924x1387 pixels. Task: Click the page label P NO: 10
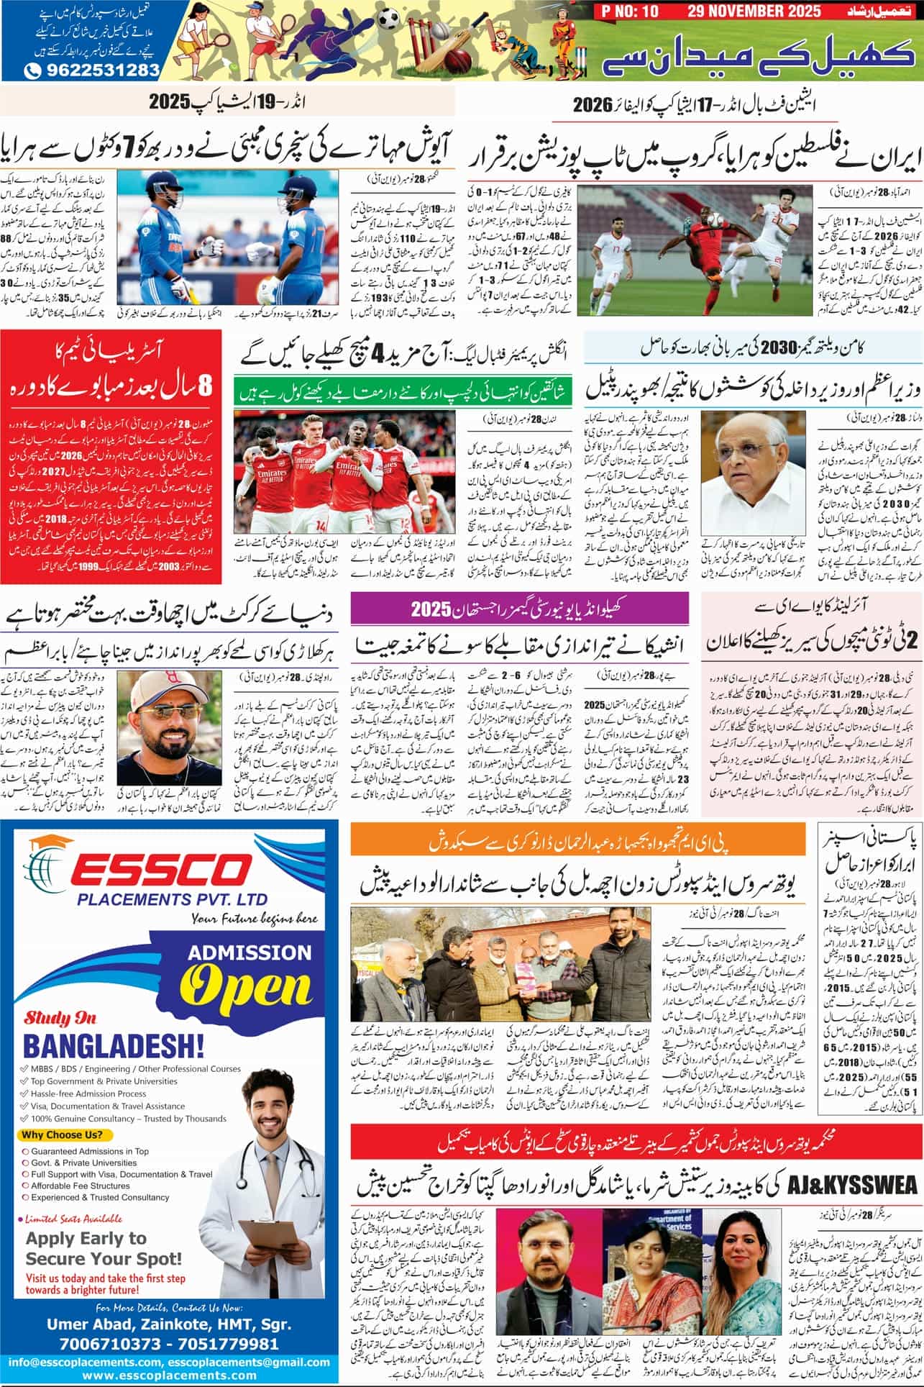(x=626, y=12)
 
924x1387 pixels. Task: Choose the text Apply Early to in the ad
(x=86, y=1239)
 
